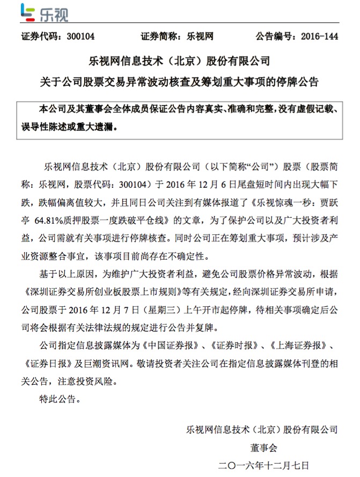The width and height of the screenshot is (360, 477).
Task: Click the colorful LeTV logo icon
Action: click(x=26, y=12)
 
